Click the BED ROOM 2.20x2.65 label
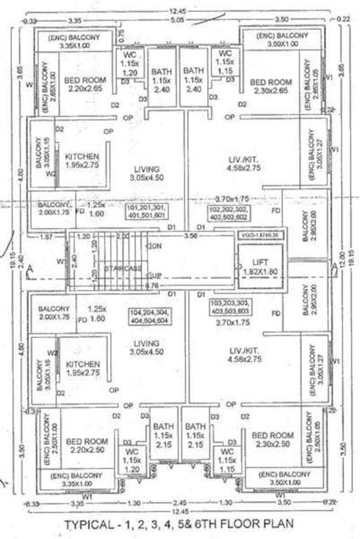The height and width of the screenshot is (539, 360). tap(85, 85)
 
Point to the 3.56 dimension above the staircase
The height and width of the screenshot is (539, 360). tap(189, 237)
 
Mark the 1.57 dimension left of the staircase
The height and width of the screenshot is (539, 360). tap(46, 237)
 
